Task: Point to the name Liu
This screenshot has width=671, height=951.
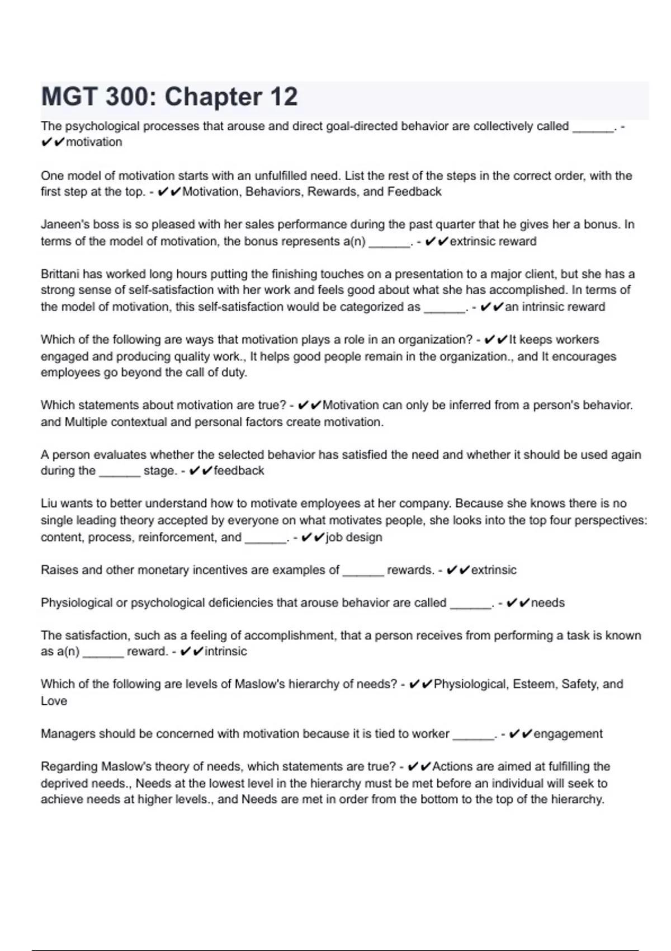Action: click(49, 503)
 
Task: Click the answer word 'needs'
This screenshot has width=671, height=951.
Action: click(547, 603)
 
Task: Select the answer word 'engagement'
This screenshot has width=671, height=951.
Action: click(568, 734)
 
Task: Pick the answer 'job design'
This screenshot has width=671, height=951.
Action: click(354, 538)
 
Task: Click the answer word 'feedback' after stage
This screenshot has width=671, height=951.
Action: click(239, 471)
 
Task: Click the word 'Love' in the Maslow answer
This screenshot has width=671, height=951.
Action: click(54, 701)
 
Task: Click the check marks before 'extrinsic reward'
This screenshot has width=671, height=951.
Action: click(436, 242)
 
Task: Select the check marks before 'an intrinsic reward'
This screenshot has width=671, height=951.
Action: click(492, 307)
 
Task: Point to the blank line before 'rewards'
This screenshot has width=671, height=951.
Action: click(363, 574)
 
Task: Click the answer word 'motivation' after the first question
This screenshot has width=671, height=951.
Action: click(94, 142)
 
